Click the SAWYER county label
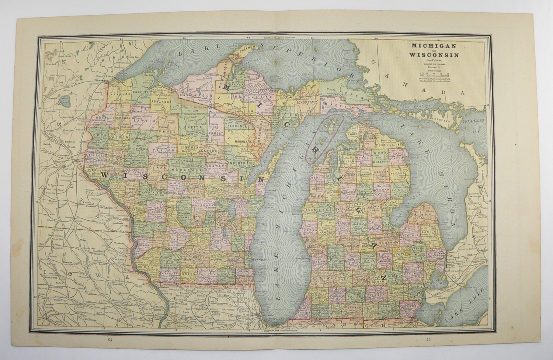(140, 120)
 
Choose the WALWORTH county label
(226, 275)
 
